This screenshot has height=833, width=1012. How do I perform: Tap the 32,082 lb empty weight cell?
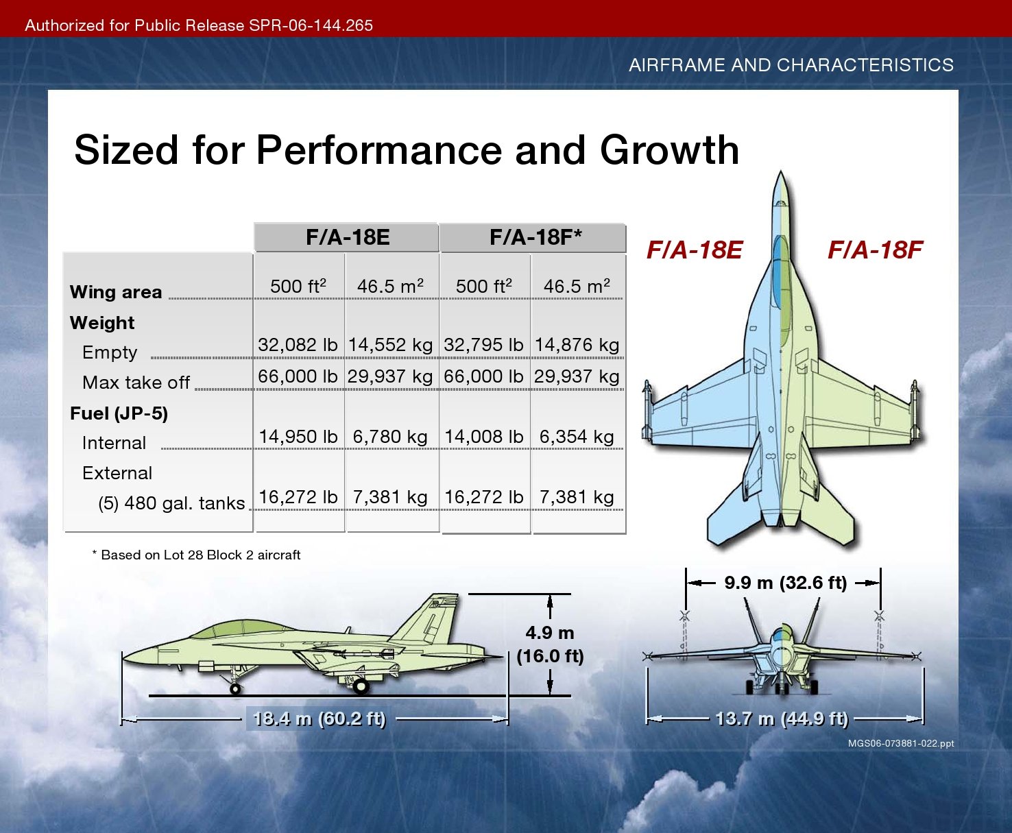click(x=298, y=345)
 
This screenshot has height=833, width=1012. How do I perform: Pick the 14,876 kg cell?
click(x=577, y=345)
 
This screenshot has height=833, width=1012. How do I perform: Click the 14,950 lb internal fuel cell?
click(x=298, y=437)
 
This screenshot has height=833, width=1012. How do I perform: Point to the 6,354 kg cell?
click(x=577, y=437)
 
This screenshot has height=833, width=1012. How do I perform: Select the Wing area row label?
click(x=116, y=292)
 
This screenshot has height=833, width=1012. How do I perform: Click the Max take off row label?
click(x=136, y=383)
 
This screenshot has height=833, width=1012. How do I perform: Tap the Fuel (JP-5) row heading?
click(x=119, y=413)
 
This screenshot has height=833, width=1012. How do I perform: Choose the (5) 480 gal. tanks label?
click(x=171, y=503)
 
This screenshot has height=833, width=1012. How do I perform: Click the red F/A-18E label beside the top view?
click(x=695, y=250)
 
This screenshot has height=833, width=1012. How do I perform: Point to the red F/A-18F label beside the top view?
click(x=876, y=250)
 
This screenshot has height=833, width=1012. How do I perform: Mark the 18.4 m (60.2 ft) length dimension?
click(x=319, y=719)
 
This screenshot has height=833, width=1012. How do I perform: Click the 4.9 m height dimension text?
click(x=550, y=633)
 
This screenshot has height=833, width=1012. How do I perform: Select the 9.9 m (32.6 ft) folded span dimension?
click(x=786, y=583)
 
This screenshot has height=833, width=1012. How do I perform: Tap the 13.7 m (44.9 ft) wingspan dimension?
click(x=782, y=719)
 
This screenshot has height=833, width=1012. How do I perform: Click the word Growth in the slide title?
click(x=669, y=151)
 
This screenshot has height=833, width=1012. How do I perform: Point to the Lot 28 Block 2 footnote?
click(x=196, y=555)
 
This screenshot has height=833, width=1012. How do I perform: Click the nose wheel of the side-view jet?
click(x=235, y=689)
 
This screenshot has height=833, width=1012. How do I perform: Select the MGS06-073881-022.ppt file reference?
click(x=901, y=743)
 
